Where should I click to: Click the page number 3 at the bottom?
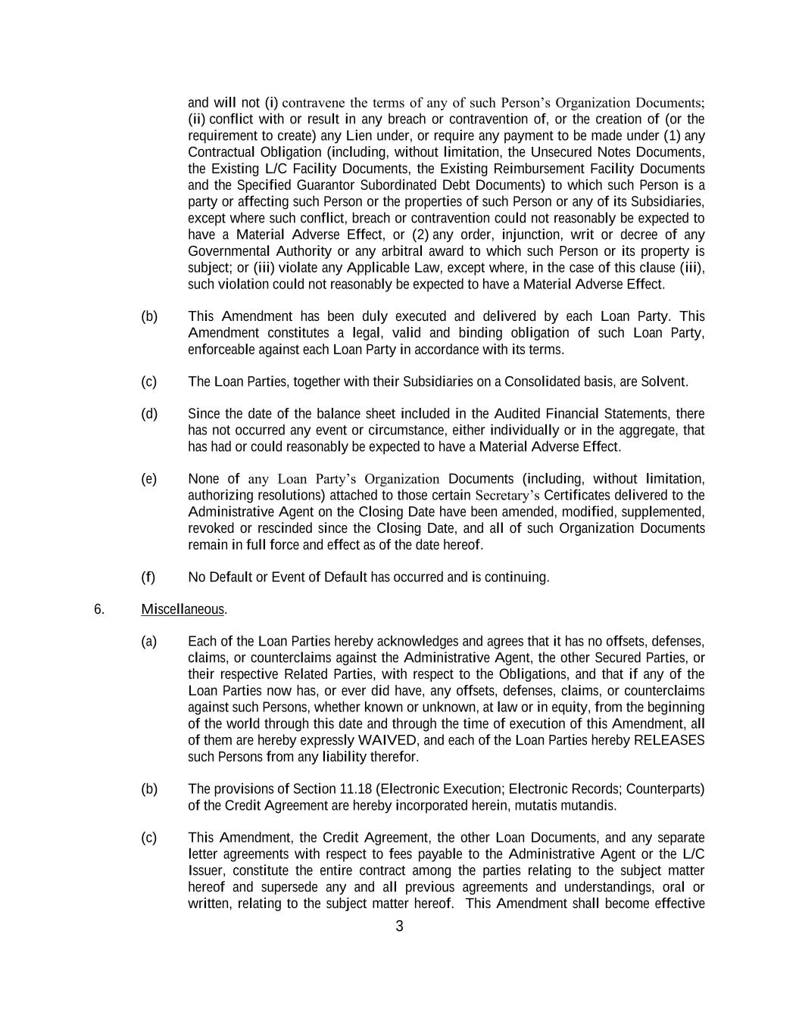[399, 926]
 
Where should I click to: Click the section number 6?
[99, 609]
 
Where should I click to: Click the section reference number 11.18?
[353, 789]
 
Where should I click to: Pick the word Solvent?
[663, 381]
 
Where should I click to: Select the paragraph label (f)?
[148, 577]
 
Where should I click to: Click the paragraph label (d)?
[148, 414]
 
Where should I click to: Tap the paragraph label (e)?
[148, 479]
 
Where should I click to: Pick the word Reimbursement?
[535, 169]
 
